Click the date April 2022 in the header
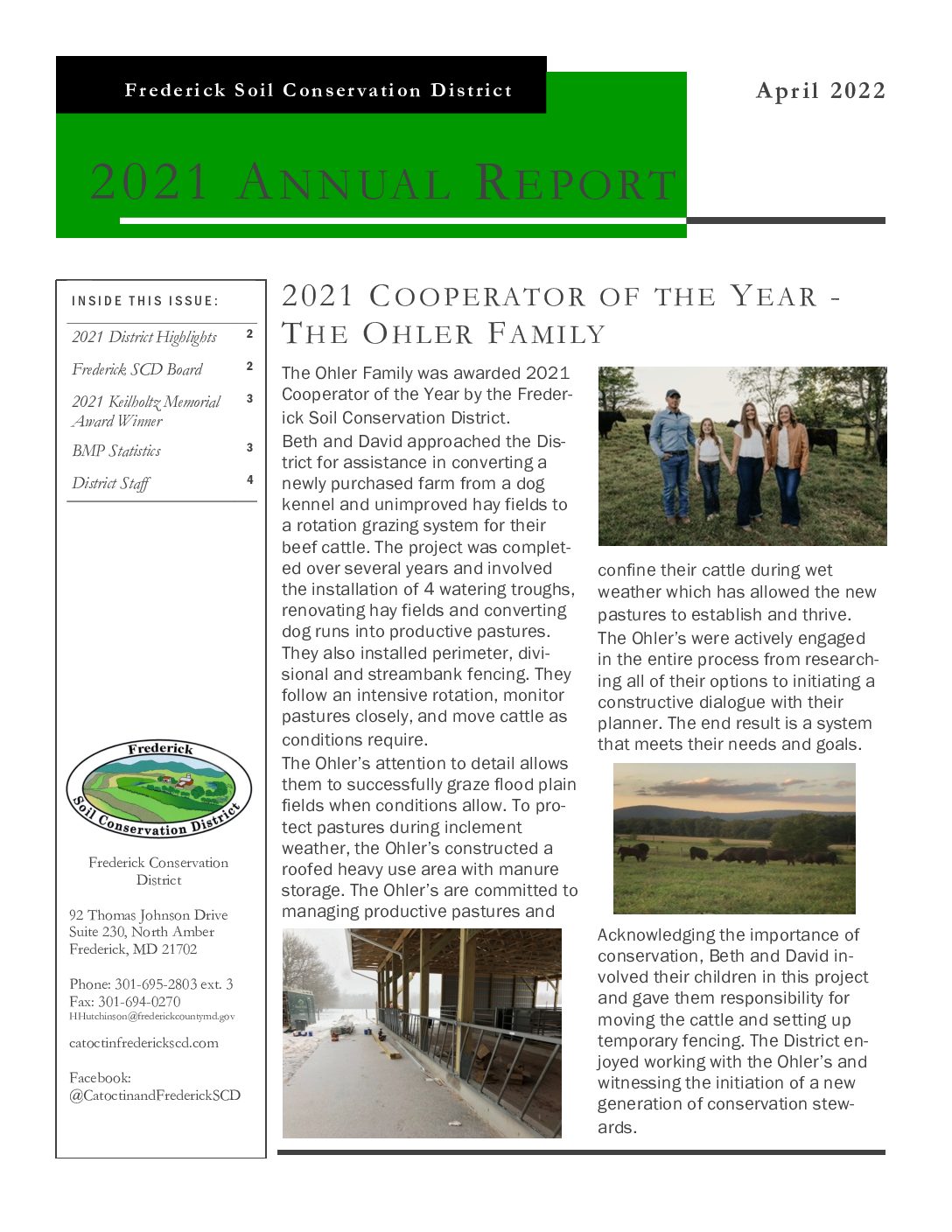820,91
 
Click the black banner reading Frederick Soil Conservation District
318,90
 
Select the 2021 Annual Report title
383,183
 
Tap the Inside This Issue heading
144,301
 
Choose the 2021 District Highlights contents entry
144,337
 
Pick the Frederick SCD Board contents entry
137,369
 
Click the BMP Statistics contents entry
116,451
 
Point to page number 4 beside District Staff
249,479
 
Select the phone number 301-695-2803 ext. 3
151,983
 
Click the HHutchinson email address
152,1017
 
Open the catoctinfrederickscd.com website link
143,1043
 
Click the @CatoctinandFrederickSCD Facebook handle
155,1095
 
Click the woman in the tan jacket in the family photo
787,459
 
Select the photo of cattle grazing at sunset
734,838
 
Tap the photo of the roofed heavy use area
422,1033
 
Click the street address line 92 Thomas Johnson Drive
149,915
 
